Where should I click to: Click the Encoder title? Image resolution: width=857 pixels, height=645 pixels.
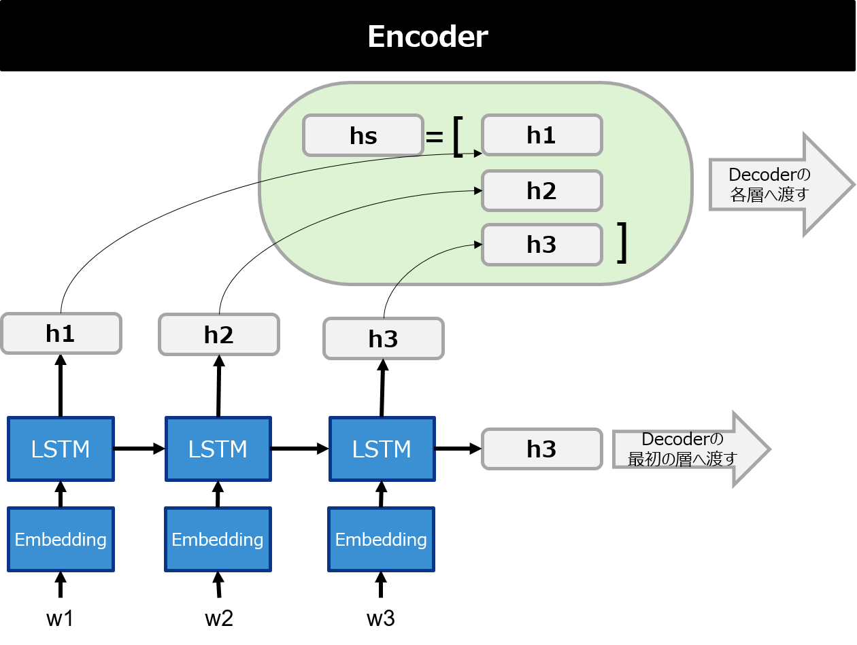(427, 37)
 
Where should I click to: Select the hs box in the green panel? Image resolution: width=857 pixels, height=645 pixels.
(363, 135)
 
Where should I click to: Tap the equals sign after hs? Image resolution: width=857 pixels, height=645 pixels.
(434, 137)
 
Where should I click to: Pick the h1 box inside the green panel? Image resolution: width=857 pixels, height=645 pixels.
(541, 135)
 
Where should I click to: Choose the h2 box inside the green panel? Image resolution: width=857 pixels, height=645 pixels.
(541, 190)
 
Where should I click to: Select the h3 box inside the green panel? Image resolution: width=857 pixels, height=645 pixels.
(541, 245)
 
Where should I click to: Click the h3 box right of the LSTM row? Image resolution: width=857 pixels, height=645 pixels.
(541, 449)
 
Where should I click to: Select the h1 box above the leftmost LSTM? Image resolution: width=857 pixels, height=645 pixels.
(61, 333)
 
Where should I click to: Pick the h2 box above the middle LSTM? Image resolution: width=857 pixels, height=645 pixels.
(218, 334)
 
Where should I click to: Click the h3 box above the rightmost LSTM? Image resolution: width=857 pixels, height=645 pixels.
(383, 338)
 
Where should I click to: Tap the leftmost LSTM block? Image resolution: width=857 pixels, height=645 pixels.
(61, 449)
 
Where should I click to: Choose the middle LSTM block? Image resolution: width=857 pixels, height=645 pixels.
(218, 449)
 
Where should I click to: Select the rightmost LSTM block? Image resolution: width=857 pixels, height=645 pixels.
(382, 449)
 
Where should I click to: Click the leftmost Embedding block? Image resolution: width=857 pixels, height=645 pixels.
(61, 539)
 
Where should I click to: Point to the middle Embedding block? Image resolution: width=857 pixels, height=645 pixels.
(218, 539)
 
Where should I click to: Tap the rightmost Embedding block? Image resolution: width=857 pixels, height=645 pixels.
(381, 539)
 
